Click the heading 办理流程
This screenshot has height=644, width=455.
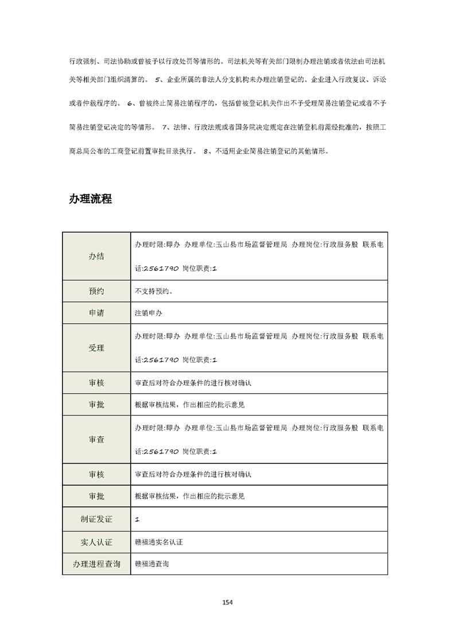[90, 199]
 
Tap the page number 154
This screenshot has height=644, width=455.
[227, 602]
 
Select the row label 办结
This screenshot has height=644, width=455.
[96, 257]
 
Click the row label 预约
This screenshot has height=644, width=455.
[96, 291]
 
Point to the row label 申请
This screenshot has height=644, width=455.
[96, 313]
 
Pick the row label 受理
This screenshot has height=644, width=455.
[96, 348]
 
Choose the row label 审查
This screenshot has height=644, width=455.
[96, 439]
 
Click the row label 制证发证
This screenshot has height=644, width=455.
[96, 519]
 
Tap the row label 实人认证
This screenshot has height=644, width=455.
[96, 541]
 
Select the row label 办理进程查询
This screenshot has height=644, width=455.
[96, 564]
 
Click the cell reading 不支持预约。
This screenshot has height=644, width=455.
[154, 291]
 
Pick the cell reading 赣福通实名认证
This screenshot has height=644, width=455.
[158, 541]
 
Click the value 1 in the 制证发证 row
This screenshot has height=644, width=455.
[137, 519]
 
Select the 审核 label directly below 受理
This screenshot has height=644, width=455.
[96, 382]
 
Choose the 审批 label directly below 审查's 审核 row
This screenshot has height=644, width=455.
[96, 496]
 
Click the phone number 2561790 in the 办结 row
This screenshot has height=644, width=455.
[161, 269]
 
